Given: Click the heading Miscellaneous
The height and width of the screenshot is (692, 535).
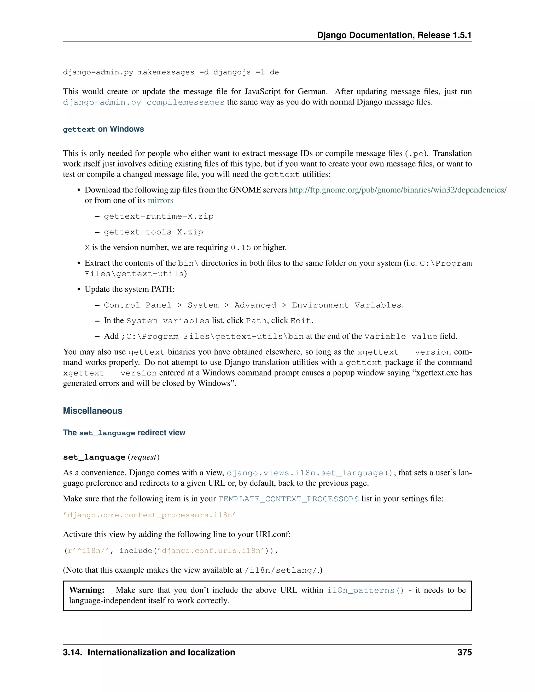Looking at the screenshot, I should [x=92, y=411].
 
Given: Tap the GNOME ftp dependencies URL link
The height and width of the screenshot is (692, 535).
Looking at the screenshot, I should [x=397, y=190].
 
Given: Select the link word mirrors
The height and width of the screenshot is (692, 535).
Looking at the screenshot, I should [x=160, y=200].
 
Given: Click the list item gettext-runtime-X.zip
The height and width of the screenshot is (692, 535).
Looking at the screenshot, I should [x=159, y=216].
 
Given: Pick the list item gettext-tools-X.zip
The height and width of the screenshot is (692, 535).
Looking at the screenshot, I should [x=153, y=232].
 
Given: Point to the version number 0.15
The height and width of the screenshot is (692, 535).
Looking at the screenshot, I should [x=241, y=248].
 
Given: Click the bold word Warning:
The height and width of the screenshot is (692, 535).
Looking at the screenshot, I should [x=87, y=590].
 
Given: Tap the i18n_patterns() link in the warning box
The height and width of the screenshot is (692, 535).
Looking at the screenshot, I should [x=365, y=590].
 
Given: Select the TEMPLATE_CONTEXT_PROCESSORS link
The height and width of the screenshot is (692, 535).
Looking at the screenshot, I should [x=288, y=499].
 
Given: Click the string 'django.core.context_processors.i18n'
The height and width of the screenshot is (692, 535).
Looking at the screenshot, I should [x=149, y=515].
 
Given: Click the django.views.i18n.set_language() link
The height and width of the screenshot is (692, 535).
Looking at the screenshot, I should [x=310, y=473].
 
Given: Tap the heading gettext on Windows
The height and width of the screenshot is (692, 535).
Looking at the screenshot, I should [x=103, y=129].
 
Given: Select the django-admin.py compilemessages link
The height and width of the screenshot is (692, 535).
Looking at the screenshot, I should [x=144, y=102].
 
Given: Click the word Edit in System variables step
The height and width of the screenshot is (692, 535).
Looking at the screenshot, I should [x=300, y=321].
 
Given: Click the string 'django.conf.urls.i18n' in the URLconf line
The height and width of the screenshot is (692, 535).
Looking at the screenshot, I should [x=213, y=551].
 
